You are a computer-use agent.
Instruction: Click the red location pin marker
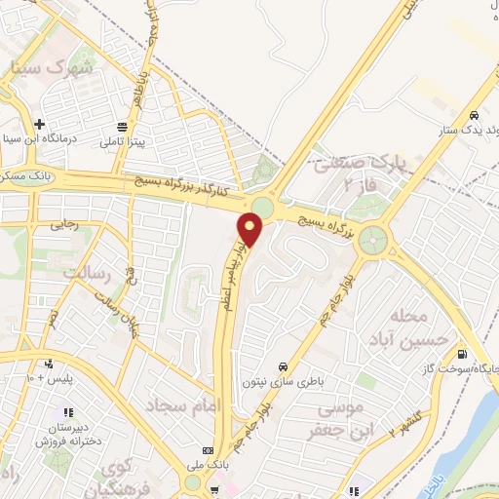pos(250,231)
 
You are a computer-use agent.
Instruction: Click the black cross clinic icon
pos(38,125)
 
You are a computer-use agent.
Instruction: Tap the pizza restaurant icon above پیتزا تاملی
pos(123,127)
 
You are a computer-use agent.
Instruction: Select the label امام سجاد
pos(186,403)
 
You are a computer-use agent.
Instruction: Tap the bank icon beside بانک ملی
pos(207,450)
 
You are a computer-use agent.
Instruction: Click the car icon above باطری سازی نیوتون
pos(283,366)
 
